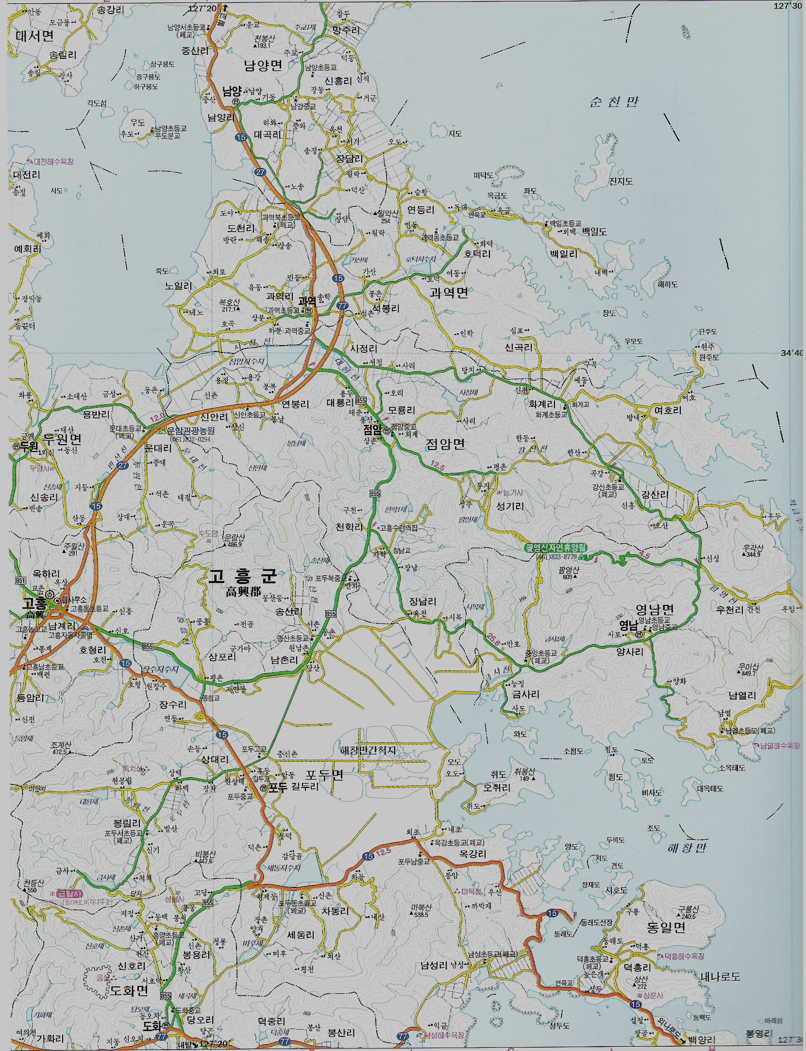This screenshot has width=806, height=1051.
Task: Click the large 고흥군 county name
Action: click(x=242, y=576)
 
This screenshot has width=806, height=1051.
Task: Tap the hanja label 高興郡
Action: click(x=243, y=592)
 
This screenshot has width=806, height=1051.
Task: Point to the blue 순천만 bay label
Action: click(x=614, y=102)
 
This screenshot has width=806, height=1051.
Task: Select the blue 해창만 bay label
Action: click(x=687, y=848)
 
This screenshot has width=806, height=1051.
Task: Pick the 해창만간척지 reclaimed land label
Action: click(x=368, y=751)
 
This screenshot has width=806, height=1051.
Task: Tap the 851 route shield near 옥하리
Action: click(x=20, y=581)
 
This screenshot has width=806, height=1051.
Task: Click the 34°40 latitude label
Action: click(x=791, y=353)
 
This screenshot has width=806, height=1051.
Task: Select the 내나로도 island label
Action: click(x=720, y=976)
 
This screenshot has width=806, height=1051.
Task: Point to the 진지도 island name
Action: click(x=621, y=181)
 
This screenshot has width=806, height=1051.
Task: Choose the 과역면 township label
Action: click(x=449, y=293)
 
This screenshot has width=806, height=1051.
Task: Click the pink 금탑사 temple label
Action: click(x=69, y=894)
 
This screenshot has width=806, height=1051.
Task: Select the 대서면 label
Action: click(x=34, y=36)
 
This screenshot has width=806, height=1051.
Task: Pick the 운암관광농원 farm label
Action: click(x=191, y=430)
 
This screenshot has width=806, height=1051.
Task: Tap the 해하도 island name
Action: click(x=668, y=284)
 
